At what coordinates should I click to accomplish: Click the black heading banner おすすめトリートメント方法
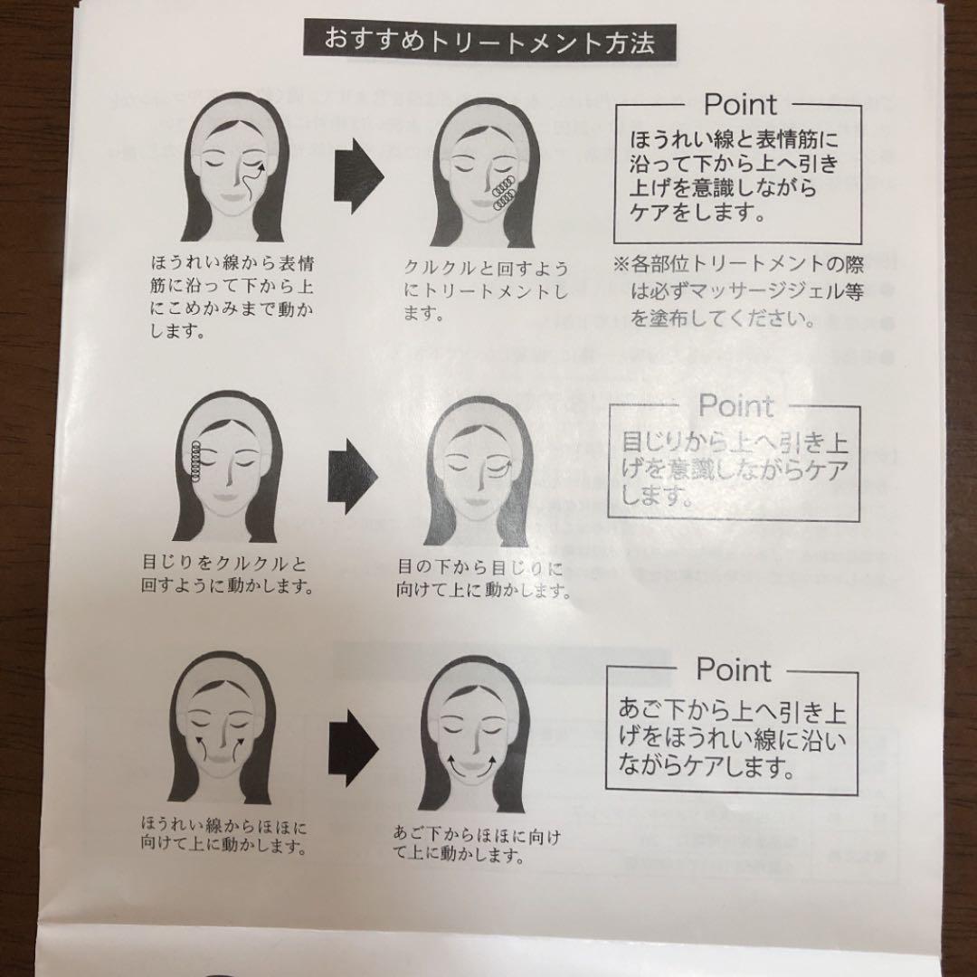488,43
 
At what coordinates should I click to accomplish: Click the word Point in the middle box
735,405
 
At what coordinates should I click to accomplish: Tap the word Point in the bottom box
733,670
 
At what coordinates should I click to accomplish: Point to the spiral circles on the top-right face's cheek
502,192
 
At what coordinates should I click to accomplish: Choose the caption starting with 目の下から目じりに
484,580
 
